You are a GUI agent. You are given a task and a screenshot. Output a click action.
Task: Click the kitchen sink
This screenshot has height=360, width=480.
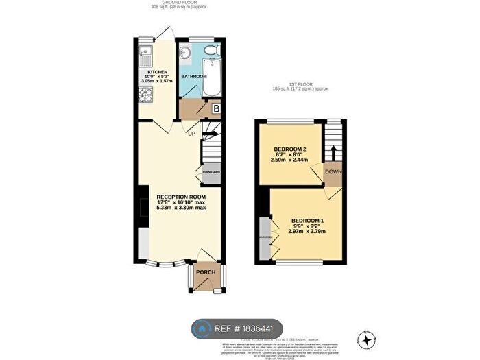(x=145, y=51)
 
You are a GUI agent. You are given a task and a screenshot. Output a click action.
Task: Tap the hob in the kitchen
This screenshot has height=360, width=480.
(x=145, y=96)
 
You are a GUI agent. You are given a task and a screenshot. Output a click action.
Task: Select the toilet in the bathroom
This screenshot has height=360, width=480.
(x=213, y=51)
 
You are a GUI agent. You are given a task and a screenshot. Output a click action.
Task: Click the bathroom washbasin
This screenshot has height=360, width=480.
(x=184, y=53)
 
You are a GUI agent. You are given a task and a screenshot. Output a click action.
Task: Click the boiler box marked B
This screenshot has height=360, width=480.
(x=215, y=108)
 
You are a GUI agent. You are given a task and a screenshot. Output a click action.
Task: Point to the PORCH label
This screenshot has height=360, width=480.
(x=206, y=272)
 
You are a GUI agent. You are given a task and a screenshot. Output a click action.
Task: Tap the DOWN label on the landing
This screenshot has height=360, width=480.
(x=334, y=171)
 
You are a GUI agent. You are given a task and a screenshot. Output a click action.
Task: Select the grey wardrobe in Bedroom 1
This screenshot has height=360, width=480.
(x=265, y=237)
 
